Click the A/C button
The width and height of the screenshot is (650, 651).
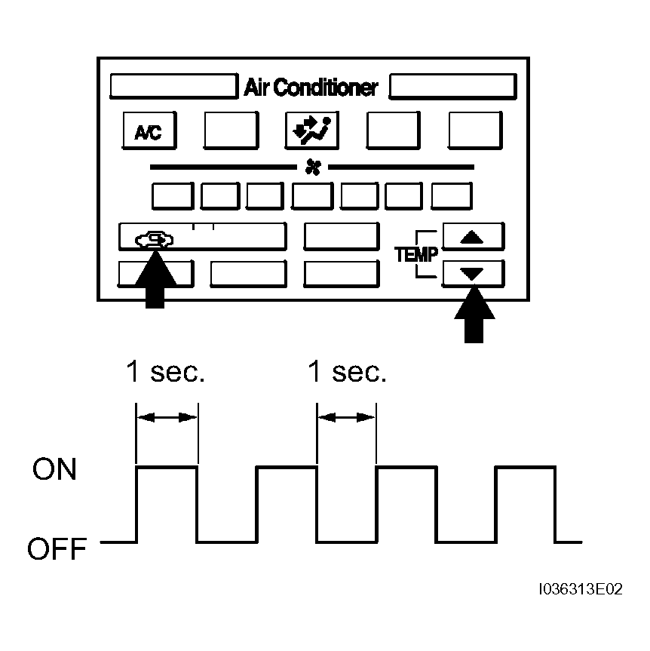tap(149, 131)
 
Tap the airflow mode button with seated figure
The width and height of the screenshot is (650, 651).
tap(311, 131)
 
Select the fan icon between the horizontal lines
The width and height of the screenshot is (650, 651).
tap(313, 167)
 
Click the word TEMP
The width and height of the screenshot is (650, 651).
tap(416, 254)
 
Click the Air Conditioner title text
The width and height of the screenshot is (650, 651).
tap(311, 88)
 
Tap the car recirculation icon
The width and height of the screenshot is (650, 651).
tap(154, 240)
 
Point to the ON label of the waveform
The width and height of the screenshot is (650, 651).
tap(54, 469)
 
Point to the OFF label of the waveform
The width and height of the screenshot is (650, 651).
tap(57, 548)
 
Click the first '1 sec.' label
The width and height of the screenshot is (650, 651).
tap(165, 371)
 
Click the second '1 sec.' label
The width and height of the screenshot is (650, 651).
tap(347, 371)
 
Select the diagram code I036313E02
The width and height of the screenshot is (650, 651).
tap(581, 589)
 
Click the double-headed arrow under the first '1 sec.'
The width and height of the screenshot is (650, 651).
tap(167, 417)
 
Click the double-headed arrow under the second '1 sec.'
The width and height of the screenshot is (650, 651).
tap(347, 417)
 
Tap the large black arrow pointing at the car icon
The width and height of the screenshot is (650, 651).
tap(155, 279)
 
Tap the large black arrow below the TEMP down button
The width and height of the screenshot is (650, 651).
tap(474, 315)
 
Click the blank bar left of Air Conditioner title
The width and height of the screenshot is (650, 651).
tap(174, 86)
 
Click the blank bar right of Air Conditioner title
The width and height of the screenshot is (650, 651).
tap(453, 86)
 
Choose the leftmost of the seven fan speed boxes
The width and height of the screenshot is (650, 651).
tap(173, 195)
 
